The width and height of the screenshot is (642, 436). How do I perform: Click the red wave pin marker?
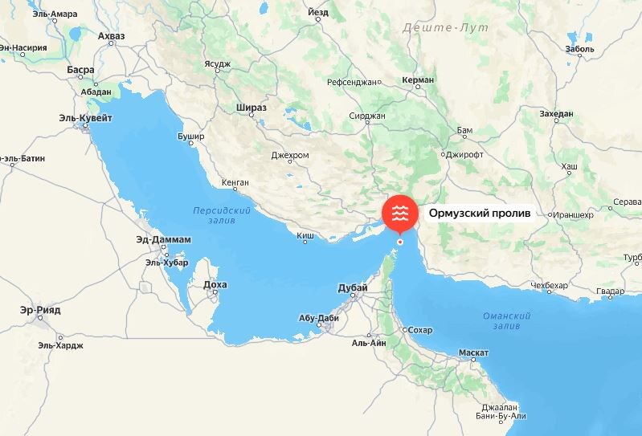pyautogui.click(x=399, y=213)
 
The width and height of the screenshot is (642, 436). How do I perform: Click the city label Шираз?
pyautogui.click(x=251, y=107)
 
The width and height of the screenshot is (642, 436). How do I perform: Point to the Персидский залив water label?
pyautogui.click(x=222, y=214)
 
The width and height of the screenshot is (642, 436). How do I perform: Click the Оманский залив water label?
pyautogui.click(x=507, y=321)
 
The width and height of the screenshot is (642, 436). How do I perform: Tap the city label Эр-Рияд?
pyautogui.click(x=41, y=310)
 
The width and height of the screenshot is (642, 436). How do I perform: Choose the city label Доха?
pyautogui.click(x=215, y=284)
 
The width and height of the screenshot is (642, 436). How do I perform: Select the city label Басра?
pyautogui.click(x=81, y=71)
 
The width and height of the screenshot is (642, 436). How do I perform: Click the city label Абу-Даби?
pyautogui.click(x=318, y=318)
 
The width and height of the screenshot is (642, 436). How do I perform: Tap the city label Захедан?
pyautogui.click(x=556, y=114)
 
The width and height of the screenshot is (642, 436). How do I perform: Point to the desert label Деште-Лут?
pyautogui.click(x=435, y=28)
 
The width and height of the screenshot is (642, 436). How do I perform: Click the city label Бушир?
pyautogui.click(x=190, y=137)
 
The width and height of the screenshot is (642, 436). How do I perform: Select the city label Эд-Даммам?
pyautogui.click(x=164, y=239)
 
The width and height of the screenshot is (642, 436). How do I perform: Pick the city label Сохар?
pyautogui.click(x=419, y=330)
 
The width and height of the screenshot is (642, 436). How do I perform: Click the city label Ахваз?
pyautogui.click(x=112, y=36)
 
